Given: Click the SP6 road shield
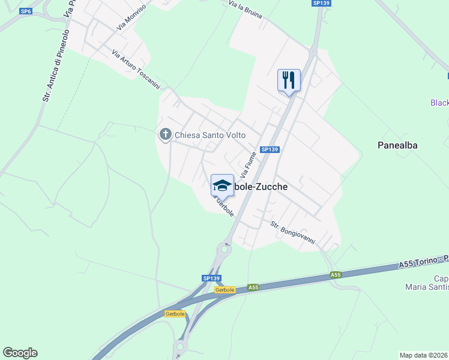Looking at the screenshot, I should (x=25, y=11).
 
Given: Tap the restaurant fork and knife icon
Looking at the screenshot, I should (x=289, y=79).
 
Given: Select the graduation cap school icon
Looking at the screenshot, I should (x=222, y=185).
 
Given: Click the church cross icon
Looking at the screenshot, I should (x=165, y=135).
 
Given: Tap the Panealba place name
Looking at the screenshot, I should (x=397, y=145).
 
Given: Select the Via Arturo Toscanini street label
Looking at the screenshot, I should (x=136, y=70).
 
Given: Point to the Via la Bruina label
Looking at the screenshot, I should (x=245, y=12).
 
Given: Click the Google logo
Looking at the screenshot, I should (x=20, y=353).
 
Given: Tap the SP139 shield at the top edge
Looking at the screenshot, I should (x=321, y=3).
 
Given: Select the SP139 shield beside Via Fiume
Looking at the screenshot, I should (x=270, y=149).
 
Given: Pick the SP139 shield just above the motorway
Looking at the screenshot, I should (x=212, y=278).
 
